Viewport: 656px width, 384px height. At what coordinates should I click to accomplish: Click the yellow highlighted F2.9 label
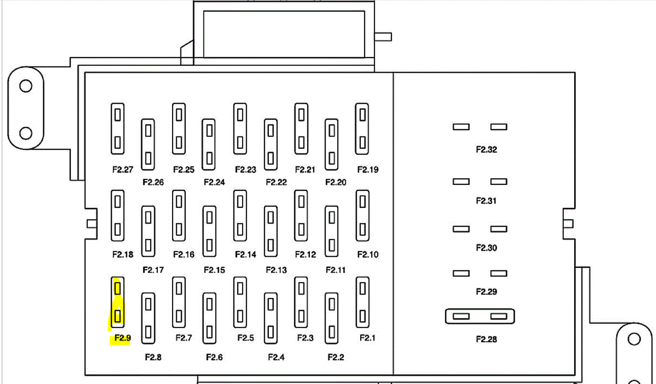(x=122, y=338)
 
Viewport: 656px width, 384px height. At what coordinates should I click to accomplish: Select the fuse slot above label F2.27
(x=117, y=128)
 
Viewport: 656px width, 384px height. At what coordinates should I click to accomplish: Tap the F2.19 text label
(x=367, y=169)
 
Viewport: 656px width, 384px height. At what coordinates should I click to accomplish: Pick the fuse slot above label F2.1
(x=362, y=303)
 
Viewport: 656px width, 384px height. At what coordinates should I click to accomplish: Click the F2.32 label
(x=486, y=149)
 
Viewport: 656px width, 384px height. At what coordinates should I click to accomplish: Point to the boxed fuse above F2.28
(x=480, y=317)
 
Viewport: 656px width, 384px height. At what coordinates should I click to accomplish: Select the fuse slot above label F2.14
(x=240, y=215)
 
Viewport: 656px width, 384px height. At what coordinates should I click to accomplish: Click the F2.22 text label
(x=276, y=182)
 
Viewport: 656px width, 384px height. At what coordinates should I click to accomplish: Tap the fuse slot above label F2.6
(x=210, y=318)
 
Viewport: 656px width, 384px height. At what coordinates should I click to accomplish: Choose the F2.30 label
(x=486, y=248)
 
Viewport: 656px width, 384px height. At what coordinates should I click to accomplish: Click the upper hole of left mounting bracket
(x=26, y=86)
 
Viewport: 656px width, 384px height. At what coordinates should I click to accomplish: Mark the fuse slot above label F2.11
(x=332, y=231)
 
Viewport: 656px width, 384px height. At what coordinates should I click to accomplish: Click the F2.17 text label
(x=153, y=270)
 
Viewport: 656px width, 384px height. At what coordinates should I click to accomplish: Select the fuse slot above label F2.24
(x=209, y=145)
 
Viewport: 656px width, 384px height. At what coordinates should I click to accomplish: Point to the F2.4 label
(x=276, y=357)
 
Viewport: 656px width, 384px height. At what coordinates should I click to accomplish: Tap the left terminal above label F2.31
(x=461, y=182)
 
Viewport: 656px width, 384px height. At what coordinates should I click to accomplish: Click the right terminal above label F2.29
(x=499, y=273)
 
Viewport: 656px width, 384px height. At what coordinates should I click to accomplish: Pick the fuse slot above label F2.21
(x=301, y=128)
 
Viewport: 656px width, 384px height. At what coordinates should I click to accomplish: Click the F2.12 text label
(x=306, y=254)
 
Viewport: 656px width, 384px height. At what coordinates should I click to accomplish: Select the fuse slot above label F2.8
(x=148, y=318)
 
